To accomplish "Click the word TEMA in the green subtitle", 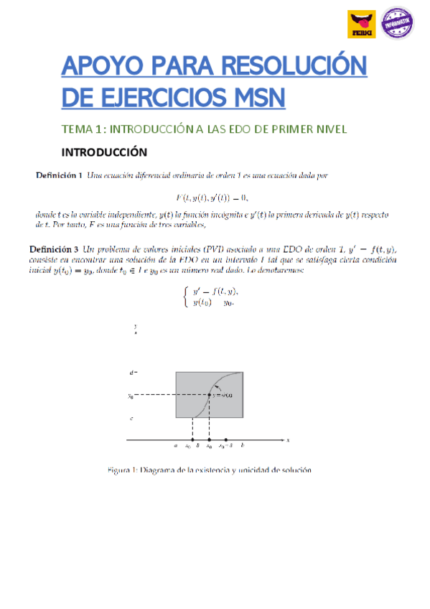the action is [x=76, y=129].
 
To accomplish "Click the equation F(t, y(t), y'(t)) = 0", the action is [x=215, y=197].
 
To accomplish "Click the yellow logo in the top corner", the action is [x=360, y=24].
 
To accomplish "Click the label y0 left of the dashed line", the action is [x=131, y=395].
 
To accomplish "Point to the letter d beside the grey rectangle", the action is [x=131, y=373].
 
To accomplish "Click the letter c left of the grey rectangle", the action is [x=131, y=418].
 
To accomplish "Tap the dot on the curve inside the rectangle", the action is [x=209, y=395].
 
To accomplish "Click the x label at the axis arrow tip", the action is [x=287, y=440].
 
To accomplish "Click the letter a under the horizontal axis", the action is [x=175, y=447].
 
